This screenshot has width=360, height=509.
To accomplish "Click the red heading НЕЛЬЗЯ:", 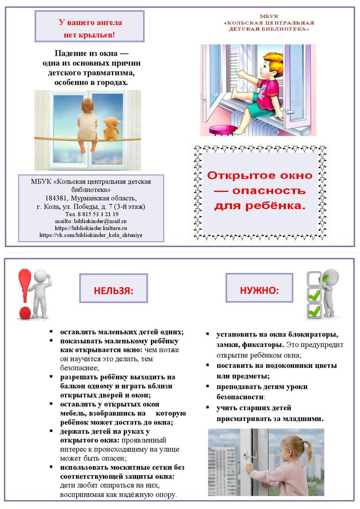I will [x=113, y=291].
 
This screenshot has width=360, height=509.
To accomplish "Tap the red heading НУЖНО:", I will [x=259, y=289].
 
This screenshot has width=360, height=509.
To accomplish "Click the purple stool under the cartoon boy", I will [x=221, y=130].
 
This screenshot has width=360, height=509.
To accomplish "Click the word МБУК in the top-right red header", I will [x=269, y=16].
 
